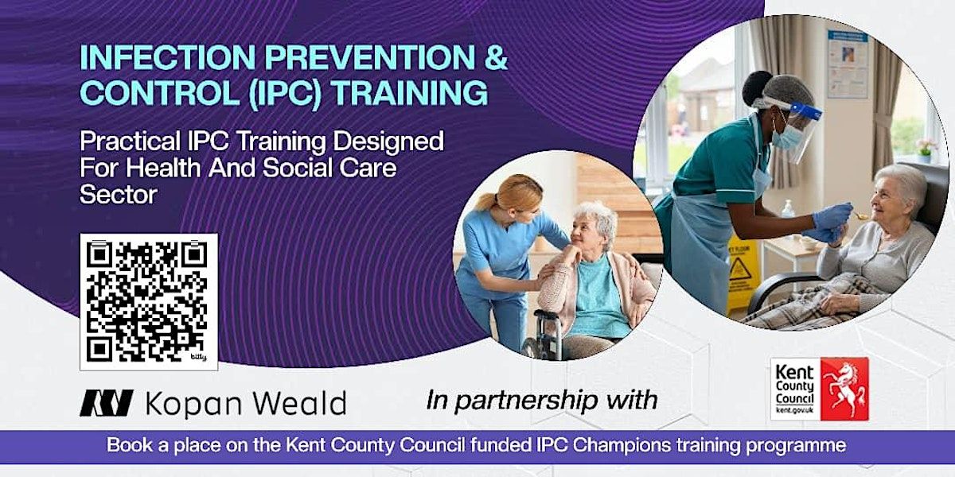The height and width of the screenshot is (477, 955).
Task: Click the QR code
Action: tap(149, 302)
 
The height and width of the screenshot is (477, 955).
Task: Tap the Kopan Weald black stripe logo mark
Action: tap(106, 403)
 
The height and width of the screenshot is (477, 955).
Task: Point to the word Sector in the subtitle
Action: tap(119, 194)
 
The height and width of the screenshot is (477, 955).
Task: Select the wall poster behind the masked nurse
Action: tap(848, 64)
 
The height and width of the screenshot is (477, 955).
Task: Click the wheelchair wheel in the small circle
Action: tap(535, 347)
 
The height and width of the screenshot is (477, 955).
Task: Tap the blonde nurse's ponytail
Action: tap(487, 200)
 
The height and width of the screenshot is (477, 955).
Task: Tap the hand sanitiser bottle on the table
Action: tap(787, 210)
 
